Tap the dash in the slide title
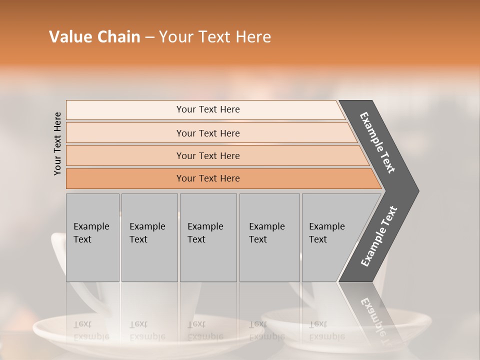point(149,37)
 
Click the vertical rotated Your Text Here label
point(57,143)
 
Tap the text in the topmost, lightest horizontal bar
point(208,109)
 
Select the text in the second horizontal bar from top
point(208,133)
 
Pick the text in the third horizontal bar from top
point(208,155)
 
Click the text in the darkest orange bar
point(208,178)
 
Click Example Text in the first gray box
point(91,233)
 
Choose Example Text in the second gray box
point(147,233)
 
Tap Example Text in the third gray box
point(205,233)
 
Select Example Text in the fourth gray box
point(266,233)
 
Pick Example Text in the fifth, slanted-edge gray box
point(326,233)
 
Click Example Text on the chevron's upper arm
point(378,142)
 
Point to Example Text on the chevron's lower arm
point(378,236)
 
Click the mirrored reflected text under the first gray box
point(91,330)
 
